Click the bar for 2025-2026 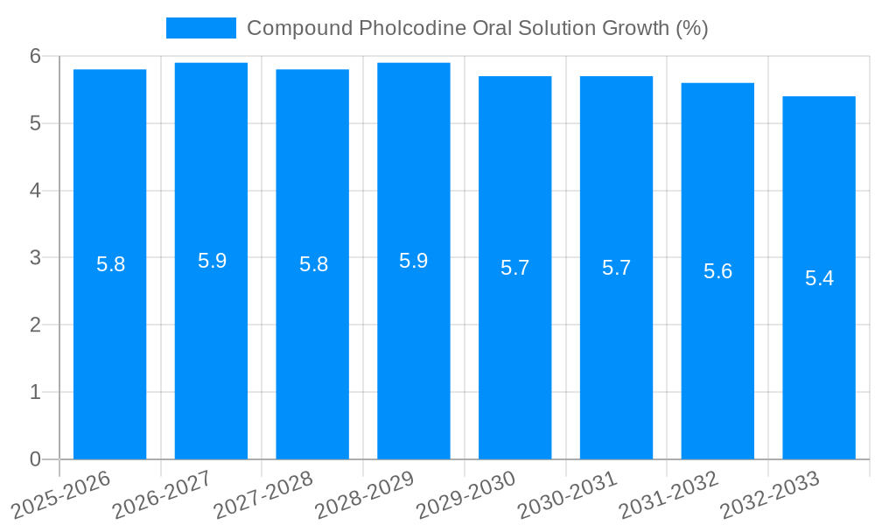(x=109, y=350)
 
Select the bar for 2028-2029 (x=413, y=350)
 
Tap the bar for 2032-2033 (x=819, y=367)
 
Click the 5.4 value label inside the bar (x=819, y=278)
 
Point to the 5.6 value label (x=717, y=271)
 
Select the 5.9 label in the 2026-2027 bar (x=212, y=261)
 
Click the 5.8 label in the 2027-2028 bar (x=313, y=264)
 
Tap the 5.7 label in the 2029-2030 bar (x=514, y=268)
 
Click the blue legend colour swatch (x=201, y=28)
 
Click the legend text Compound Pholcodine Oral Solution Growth (x=477, y=28)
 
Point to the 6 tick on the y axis (x=35, y=56)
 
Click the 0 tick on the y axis (x=35, y=459)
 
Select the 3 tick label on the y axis (x=35, y=258)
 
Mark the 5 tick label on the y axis (x=35, y=123)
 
